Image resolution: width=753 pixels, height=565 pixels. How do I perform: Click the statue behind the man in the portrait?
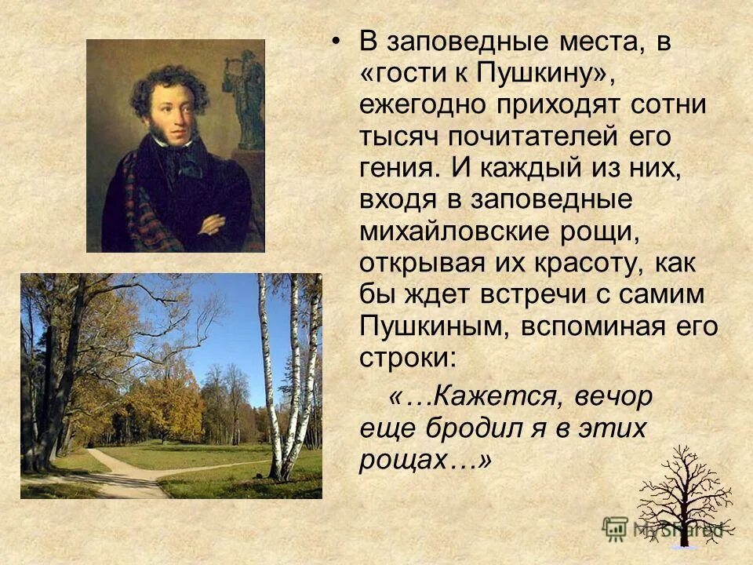[249, 98]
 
